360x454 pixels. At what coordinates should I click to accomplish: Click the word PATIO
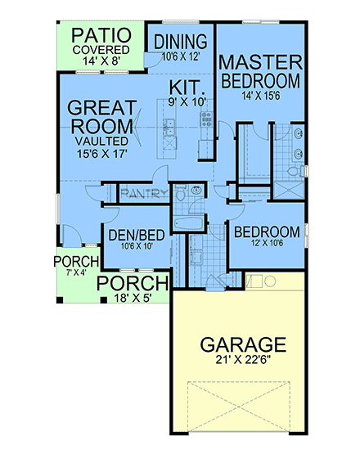101,36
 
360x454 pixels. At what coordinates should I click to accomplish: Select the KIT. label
187,87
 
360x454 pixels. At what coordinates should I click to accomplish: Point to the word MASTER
261,63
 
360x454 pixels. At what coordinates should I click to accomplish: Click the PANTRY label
144,194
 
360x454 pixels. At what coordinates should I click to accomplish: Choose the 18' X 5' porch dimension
133,299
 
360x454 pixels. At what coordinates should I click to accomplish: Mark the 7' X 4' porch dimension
76,272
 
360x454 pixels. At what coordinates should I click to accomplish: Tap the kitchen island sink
169,124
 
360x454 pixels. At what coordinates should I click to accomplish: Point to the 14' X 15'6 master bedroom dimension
261,97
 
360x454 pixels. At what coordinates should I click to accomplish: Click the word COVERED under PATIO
101,49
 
